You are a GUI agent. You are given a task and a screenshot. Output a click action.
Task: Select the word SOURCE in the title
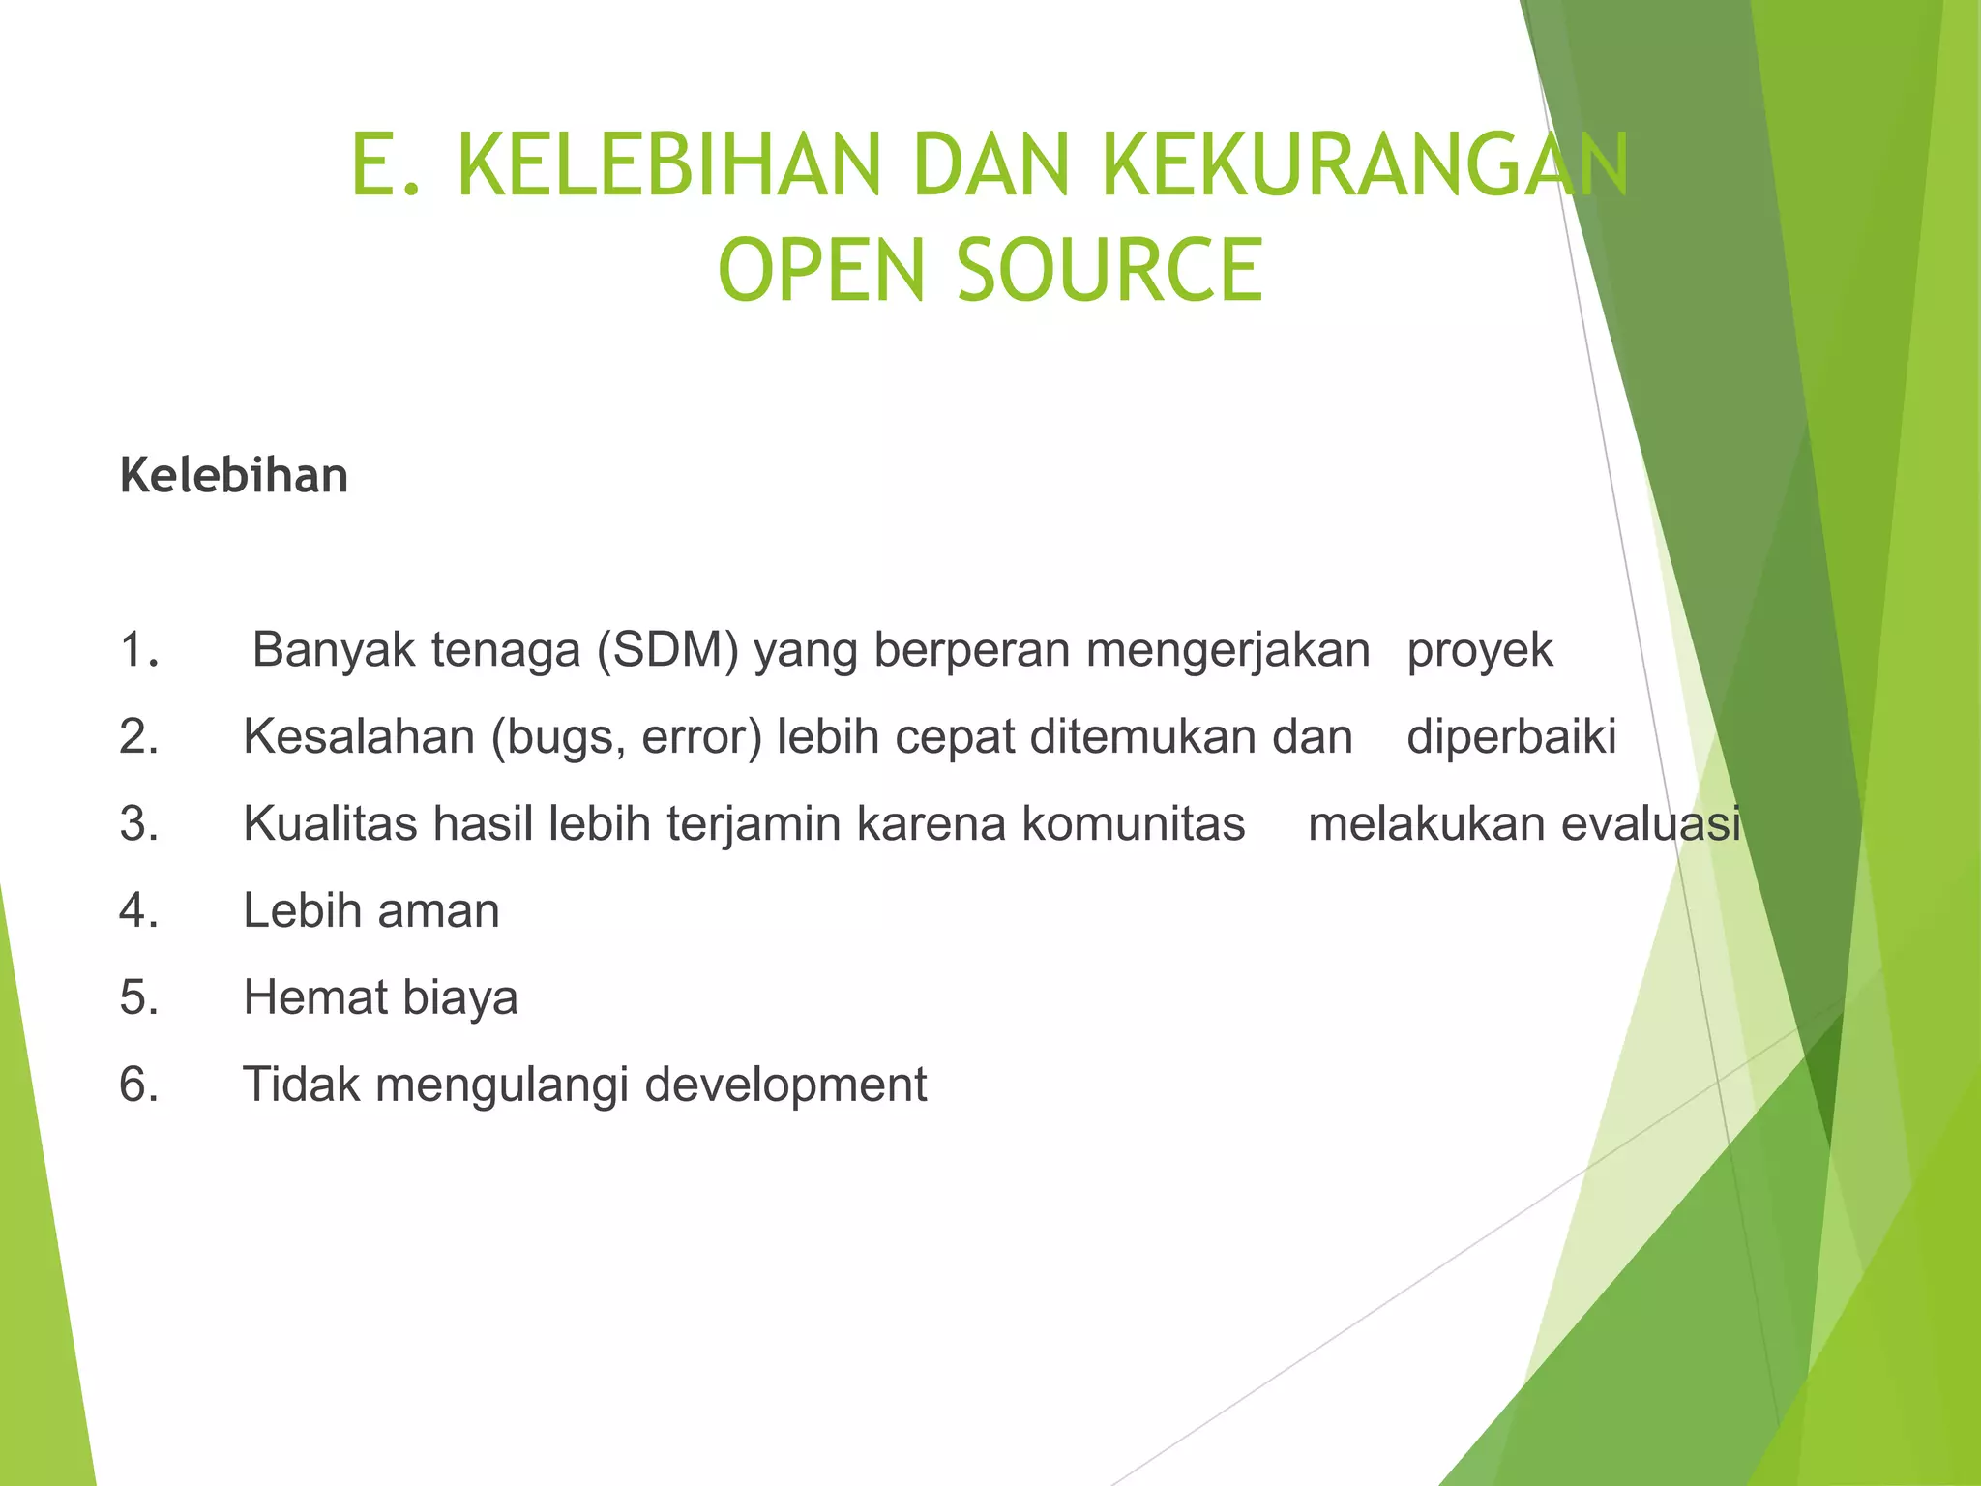pyautogui.click(x=1109, y=270)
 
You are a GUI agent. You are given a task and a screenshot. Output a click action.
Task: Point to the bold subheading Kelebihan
pyautogui.click(x=234, y=476)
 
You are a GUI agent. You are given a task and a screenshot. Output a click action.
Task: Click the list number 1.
pyautogui.click(x=139, y=649)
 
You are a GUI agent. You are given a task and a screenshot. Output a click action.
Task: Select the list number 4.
pyautogui.click(x=139, y=910)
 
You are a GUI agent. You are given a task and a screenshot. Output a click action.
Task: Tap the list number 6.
pyautogui.click(x=139, y=1085)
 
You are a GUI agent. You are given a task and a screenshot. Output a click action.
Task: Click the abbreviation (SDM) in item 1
pyautogui.click(x=667, y=650)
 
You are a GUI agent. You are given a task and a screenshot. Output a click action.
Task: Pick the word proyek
pyautogui.click(x=1480, y=650)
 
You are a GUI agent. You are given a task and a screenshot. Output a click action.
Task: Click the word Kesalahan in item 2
pyautogui.click(x=359, y=737)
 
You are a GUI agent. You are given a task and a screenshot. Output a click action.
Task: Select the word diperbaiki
pyautogui.click(x=1511, y=737)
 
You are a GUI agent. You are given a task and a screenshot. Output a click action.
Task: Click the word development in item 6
pyautogui.click(x=785, y=1085)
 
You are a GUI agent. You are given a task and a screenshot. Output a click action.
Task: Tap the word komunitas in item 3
pyautogui.click(x=1133, y=824)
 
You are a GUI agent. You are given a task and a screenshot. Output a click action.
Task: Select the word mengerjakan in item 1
pyautogui.click(x=1227, y=650)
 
